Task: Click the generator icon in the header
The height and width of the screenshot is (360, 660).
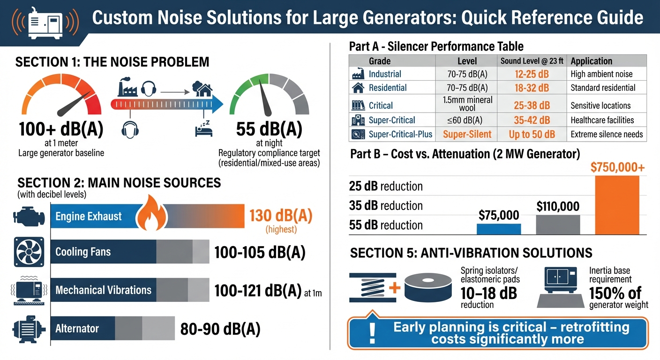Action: [45, 22]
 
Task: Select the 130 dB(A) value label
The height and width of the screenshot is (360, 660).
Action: [280, 216]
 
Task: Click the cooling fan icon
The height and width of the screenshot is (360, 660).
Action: [29, 251]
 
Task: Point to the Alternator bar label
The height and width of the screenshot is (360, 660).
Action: [77, 328]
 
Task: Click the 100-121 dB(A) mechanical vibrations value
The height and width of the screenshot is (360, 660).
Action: [258, 291]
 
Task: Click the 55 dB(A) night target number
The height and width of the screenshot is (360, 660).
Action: [269, 129]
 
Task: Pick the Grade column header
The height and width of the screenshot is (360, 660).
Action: [380, 61]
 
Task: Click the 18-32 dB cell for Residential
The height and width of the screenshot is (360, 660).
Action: [531, 88]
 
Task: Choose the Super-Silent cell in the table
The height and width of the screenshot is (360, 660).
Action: [467, 135]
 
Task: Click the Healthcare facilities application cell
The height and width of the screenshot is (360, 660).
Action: [602, 120]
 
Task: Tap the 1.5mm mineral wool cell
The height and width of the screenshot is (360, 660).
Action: [467, 104]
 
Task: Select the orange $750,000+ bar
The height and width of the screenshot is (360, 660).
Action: [616, 205]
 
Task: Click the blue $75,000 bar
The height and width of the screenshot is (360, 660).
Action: [499, 229]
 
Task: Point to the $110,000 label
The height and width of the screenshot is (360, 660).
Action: [558, 206]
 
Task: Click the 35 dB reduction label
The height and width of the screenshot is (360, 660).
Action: [386, 206]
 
